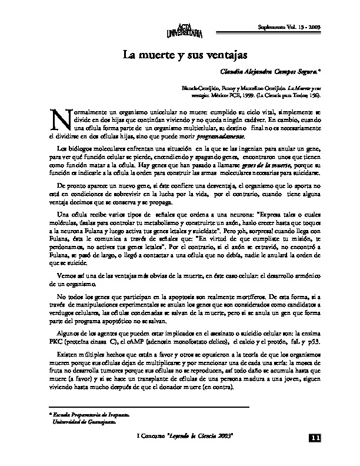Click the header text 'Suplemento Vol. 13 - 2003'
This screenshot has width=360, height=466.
point(289,28)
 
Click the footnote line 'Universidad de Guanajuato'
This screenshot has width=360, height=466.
point(82,421)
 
